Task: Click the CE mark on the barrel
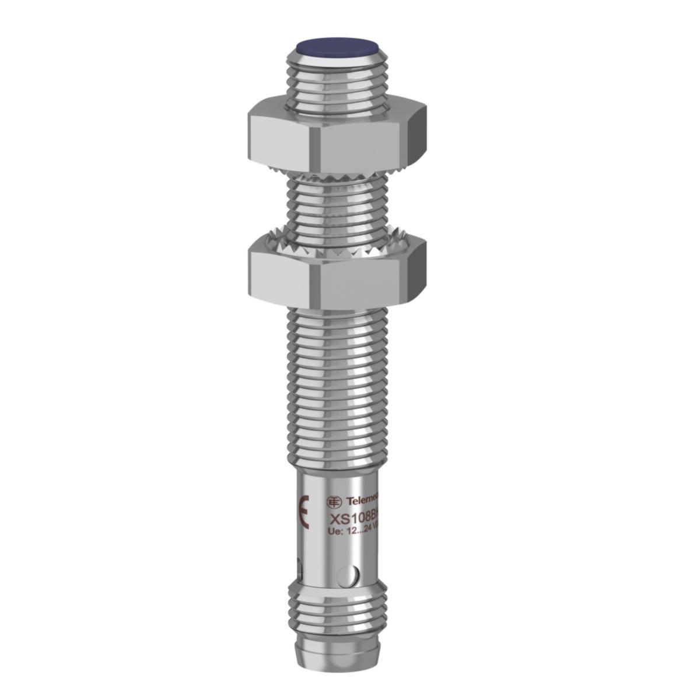pos(303,513)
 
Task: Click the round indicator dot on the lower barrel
pos(352,575)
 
